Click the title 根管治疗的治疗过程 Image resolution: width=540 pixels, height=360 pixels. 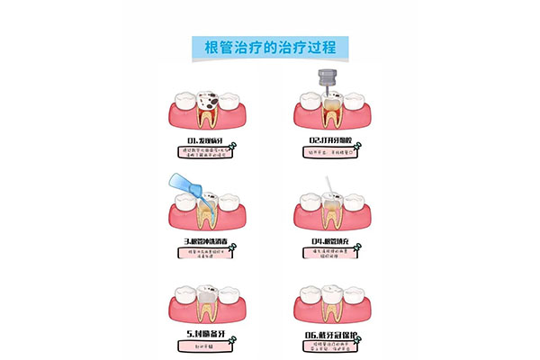click(x=270, y=47)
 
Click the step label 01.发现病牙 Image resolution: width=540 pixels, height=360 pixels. click(x=203, y=140)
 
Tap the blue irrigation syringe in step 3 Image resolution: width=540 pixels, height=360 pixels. click(x=184, y=189)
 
